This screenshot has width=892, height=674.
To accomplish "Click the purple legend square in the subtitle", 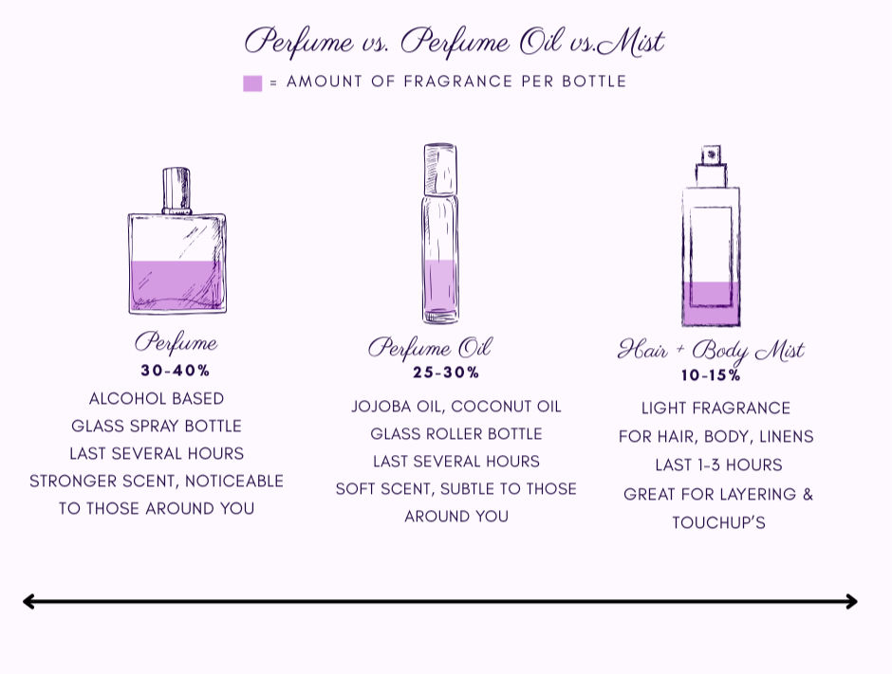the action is point(252,83).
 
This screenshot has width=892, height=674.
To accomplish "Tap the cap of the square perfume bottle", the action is point(177,191).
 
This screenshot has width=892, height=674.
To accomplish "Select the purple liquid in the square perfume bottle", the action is point(177,286).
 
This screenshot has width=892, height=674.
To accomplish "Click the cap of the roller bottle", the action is point(440,169).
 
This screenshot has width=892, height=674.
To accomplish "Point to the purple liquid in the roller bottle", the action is point(440,290).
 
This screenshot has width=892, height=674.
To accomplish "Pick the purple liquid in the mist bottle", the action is point(712,303).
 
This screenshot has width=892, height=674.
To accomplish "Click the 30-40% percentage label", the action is point(176,371).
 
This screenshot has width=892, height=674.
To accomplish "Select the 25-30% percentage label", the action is point(446,373).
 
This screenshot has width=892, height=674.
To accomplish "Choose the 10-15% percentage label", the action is point(711,375).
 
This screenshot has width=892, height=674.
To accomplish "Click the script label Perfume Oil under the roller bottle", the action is point(430,348).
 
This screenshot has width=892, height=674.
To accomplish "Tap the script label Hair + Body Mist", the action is point(711,351).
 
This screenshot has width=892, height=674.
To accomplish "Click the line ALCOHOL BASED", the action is point(157,398).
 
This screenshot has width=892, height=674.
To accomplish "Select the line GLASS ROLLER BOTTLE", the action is point(456,433).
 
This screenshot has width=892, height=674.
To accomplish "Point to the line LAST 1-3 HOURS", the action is point(718,465).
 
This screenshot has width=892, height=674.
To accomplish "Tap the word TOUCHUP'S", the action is point(718,522).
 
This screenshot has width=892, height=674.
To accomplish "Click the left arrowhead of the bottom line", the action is point(28,601).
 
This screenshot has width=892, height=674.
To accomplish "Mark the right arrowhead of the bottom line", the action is point(851,601).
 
